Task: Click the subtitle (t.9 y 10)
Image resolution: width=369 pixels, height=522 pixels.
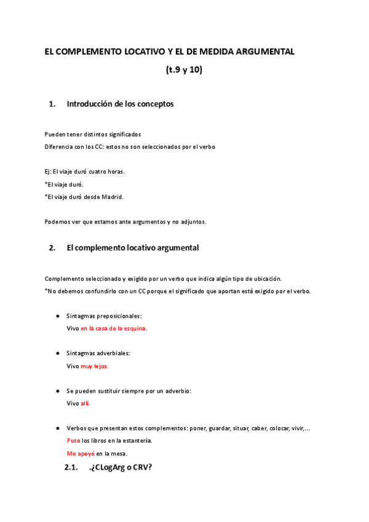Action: pyautogui.click(x=184, y=70)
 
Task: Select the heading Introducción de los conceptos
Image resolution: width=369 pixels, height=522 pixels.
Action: pyautogui.click(x=120, y=103)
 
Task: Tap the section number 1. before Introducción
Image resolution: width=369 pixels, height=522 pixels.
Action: pyautogui.click(x=52, y=104)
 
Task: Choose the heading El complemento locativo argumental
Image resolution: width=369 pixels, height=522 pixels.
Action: pyautogui.click(x=132, y=247)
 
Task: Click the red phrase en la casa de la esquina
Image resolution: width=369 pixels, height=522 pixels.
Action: pyautogui.click(x=114, y=328)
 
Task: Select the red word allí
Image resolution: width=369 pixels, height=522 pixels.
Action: pyautogui.click(x=85, y=403)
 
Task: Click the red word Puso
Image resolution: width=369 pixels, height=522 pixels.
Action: pyautogui.click(x=73, y=441)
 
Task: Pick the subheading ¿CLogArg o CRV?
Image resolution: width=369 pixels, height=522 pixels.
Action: pyautogui.click(x=121, y=467)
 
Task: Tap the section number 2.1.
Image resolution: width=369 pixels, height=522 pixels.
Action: pyautogui.click(x=71, y=467)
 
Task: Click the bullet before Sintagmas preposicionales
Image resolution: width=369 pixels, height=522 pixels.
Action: pyautogui.click(x=57, y=316)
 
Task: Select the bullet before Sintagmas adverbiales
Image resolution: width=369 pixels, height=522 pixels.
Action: pyautogui.click(x=57, y=353)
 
